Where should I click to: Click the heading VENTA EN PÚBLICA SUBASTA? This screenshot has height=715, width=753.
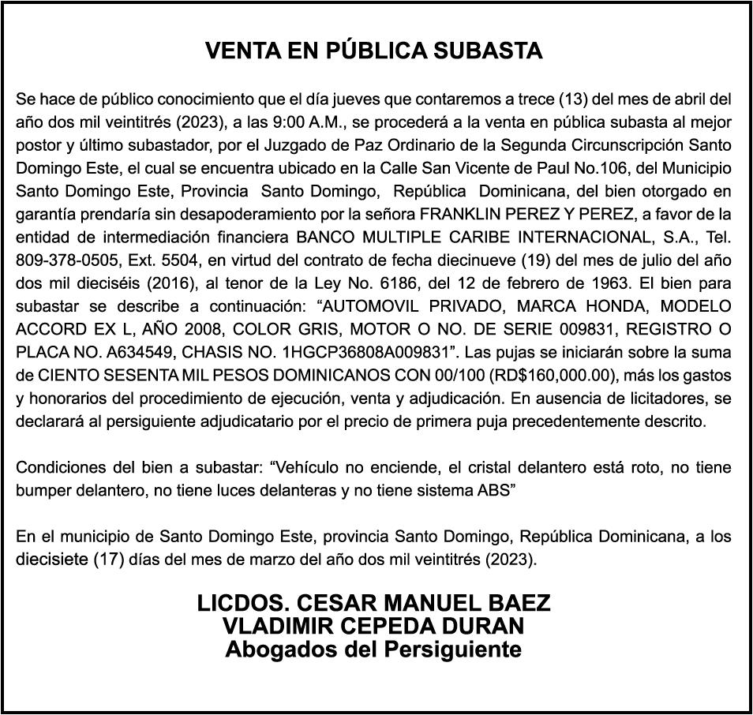pos(374,51)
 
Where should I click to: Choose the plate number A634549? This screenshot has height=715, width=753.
pos(139,351)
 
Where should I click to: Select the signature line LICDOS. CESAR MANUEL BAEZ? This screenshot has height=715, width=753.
pos(373,604)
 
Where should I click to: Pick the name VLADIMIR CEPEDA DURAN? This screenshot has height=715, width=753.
pos(373,627)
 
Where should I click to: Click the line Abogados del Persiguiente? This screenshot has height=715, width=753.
pos(373,649)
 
